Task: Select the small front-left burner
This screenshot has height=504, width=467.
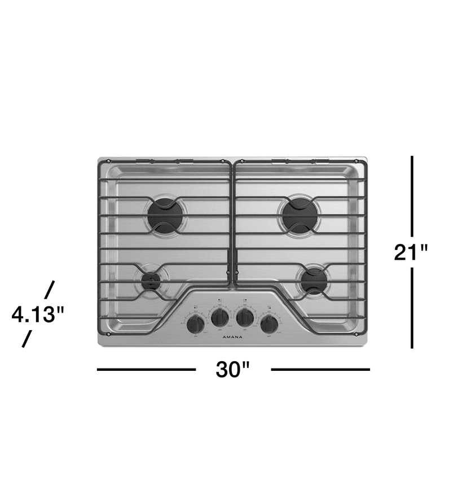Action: coord(151,281)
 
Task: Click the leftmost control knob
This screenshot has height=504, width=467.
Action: coord(196,323)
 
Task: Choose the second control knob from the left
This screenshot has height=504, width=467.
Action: coord(219,317)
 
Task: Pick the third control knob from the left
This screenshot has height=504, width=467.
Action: coord(245,317)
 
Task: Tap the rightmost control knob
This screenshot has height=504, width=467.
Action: coord(269,323)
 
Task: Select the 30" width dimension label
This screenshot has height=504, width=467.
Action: coord(233,370)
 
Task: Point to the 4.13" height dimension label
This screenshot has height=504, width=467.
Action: coord(35,314)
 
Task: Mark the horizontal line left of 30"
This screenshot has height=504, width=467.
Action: coord(146,370)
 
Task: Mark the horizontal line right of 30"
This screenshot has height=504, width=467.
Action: coord(320,370)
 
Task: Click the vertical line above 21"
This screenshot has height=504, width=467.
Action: coord(412,195)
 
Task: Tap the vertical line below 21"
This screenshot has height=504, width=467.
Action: coord(412,308)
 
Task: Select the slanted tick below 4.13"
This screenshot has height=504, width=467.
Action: coord(27,339)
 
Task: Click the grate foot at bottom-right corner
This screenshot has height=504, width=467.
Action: coord(357,334)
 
